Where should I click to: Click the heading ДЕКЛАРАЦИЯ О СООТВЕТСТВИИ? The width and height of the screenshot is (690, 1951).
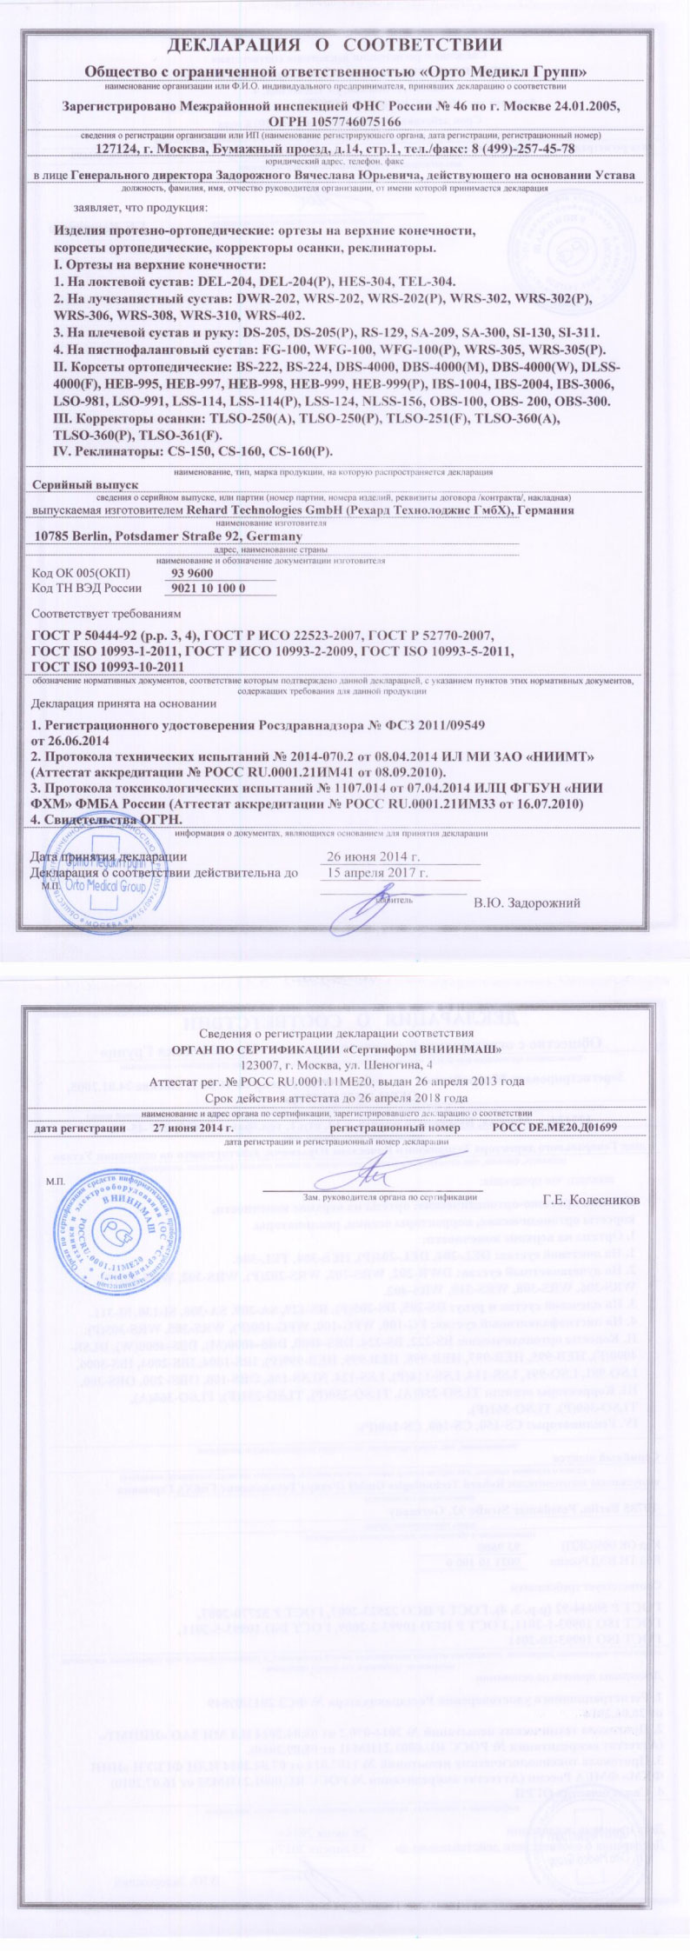[346, 46]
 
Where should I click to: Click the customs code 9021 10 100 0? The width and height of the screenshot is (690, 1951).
[204, 589]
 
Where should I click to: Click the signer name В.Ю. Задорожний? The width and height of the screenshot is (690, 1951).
[527, 903]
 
